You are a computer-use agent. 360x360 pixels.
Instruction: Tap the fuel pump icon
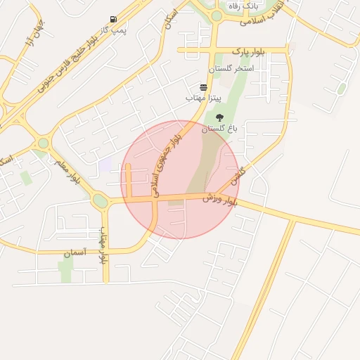tap(113, 19)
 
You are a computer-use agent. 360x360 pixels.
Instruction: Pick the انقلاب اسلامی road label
tap(263, 18)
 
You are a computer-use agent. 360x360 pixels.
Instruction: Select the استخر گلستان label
tap(231, 70)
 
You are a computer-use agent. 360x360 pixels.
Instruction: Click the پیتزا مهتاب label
tap(203, 98)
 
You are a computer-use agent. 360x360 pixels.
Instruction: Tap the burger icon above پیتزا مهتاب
tap(203, 87)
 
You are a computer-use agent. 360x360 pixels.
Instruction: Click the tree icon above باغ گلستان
tap(220, 117)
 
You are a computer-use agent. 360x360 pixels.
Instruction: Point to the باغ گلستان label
tap(220, 129)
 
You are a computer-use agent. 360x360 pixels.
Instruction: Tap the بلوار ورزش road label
tap(220, 200)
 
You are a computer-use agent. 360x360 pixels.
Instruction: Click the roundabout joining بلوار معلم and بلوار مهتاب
tap(101, 201)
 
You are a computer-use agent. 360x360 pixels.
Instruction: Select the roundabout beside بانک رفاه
tap(217, 15)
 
